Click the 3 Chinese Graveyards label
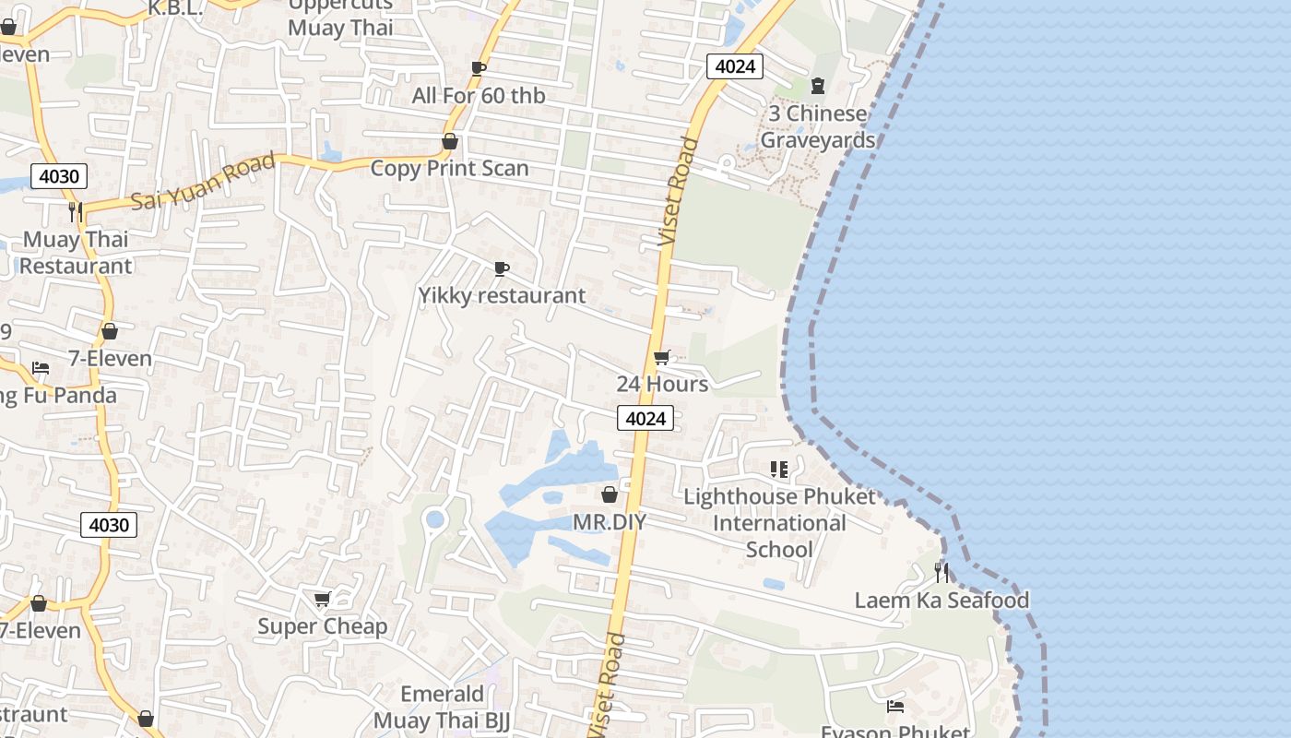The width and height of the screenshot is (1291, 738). point(817,127)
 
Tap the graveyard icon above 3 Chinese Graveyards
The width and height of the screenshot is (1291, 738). point(817,86)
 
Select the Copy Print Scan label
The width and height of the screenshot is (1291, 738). point(449,168)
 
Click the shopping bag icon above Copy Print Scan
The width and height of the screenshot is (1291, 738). point(450,141)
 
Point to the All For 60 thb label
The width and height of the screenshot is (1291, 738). point(479,95)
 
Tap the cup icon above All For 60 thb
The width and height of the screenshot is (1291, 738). point(478,67)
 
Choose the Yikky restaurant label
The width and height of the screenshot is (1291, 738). point(502,295)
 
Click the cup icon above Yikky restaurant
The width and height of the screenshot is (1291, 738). point(501,268)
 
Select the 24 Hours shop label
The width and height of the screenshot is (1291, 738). point(662,384)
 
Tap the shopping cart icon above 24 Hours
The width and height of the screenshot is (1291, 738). point(661,357)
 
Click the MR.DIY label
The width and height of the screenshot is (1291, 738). point(610,522)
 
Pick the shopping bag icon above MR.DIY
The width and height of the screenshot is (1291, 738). point(609,495)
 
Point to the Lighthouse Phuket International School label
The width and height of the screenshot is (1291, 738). point(779,523)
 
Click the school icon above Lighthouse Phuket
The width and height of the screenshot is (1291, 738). point(779,470)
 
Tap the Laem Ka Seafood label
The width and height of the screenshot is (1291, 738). point(942,601)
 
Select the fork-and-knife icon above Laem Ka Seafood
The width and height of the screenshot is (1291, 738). point(941,572)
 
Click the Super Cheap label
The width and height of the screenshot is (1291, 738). point(323,627)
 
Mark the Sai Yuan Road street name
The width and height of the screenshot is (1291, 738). point(203,181)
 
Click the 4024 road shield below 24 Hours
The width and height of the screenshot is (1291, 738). point(645,419)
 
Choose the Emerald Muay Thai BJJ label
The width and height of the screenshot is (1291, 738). point(442,707)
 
